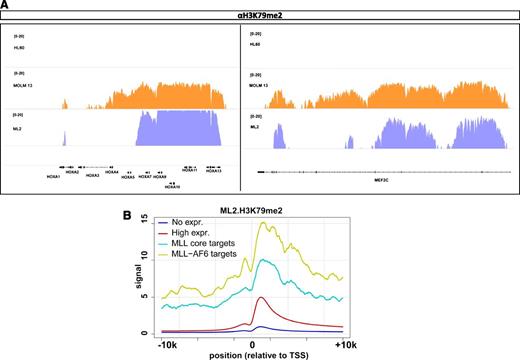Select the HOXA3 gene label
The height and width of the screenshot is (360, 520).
[x=92, y=175]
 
